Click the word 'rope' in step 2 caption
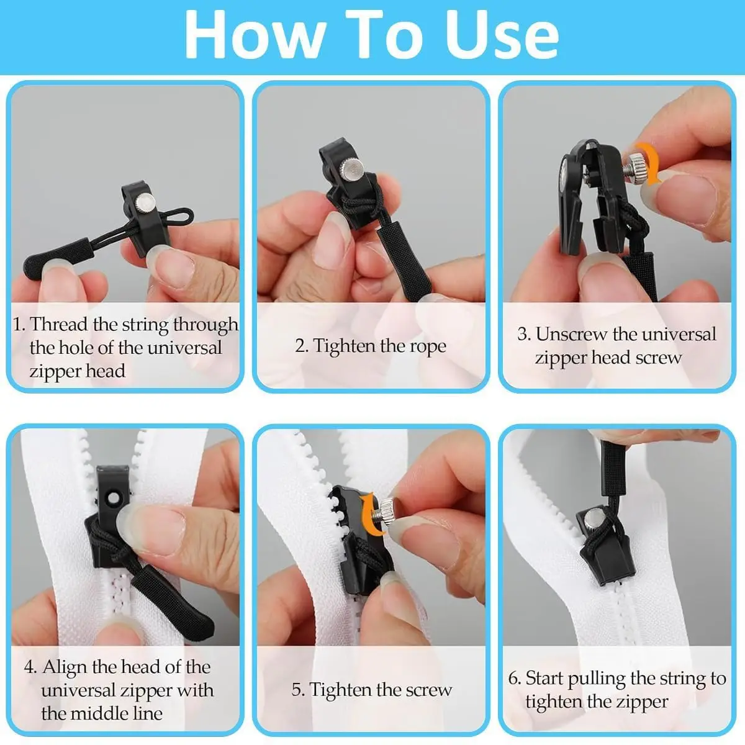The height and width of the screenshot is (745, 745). [428, 346]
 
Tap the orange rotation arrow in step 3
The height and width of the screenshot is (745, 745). [651, 163]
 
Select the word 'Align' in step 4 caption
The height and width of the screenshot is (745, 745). [65, 667]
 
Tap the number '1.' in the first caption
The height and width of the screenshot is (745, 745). [19, 324]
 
